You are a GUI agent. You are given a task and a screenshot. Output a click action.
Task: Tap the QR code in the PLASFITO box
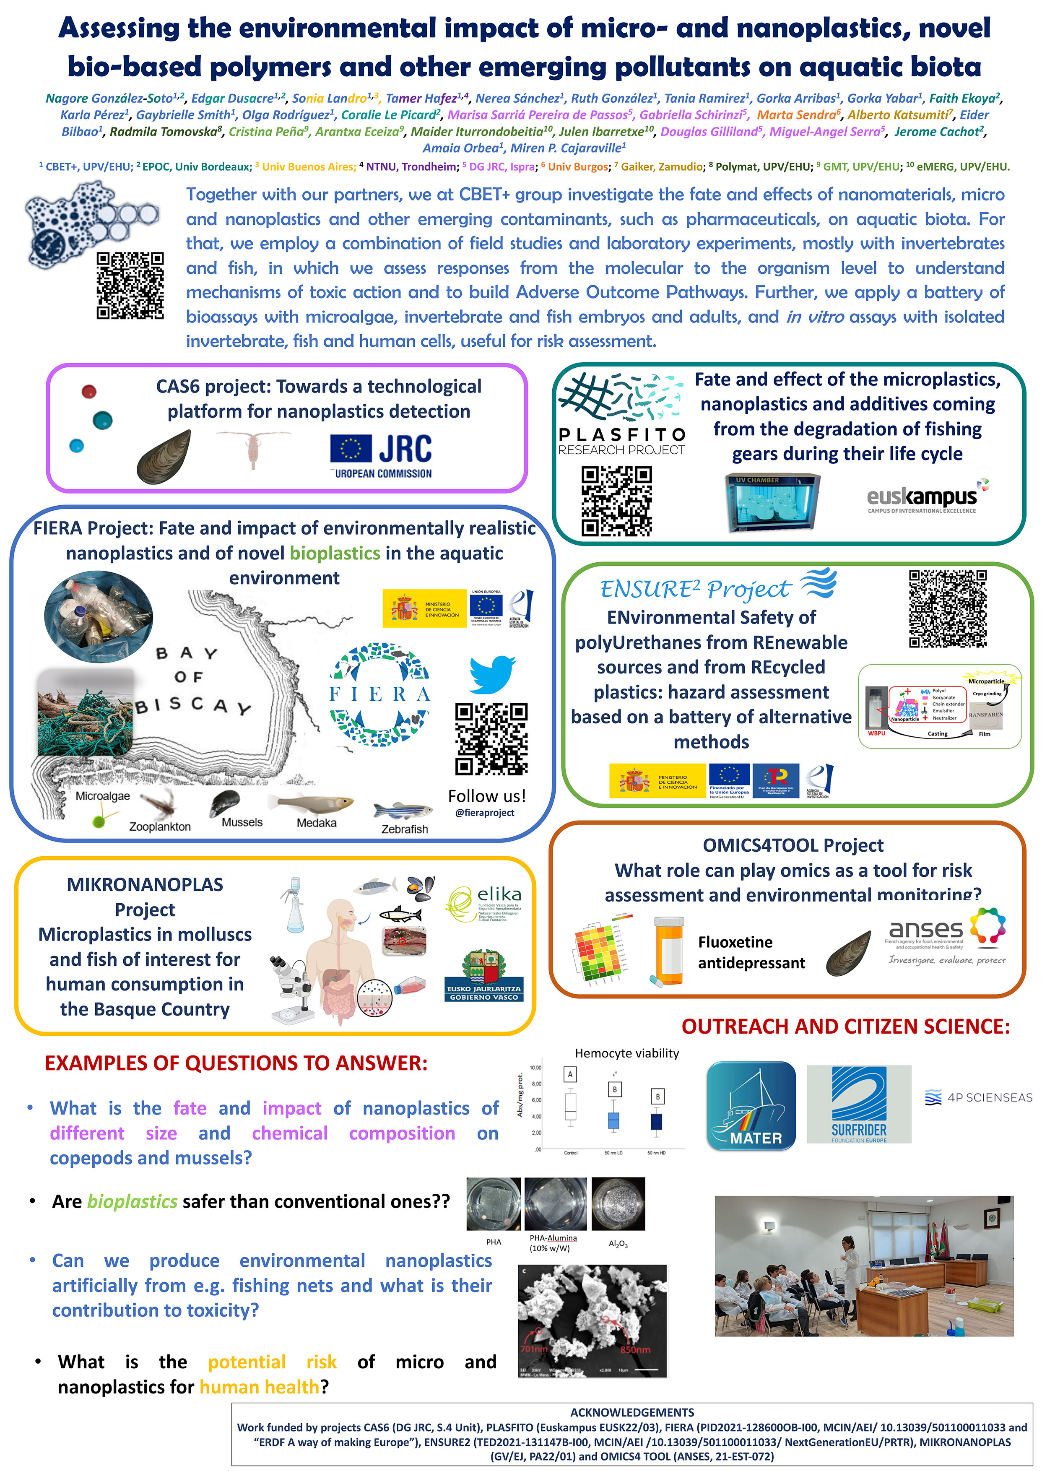point(616,501)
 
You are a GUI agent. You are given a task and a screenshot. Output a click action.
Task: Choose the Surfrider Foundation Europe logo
point(858,1105)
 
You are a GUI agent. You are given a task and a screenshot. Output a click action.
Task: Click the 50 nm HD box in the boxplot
point(656,1121)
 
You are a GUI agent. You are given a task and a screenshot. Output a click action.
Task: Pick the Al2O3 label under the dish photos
point(618,1244)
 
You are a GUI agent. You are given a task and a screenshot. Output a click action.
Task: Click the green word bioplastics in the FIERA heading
point(335,553)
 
